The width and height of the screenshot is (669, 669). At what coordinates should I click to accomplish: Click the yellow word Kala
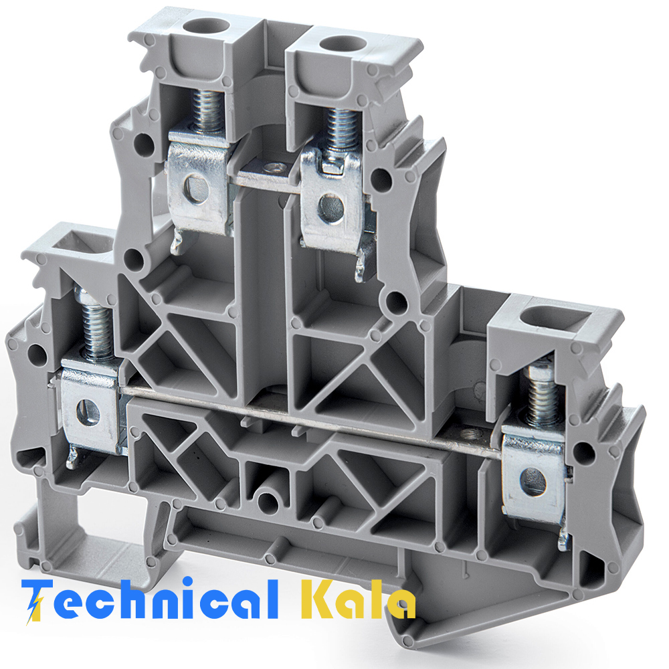(359, 599)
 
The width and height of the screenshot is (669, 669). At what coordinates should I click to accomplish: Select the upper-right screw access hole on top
(343, 43)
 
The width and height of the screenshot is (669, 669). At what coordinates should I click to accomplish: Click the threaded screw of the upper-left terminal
(207, 112)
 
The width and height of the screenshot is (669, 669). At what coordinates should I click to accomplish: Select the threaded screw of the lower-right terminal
(542, 395)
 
